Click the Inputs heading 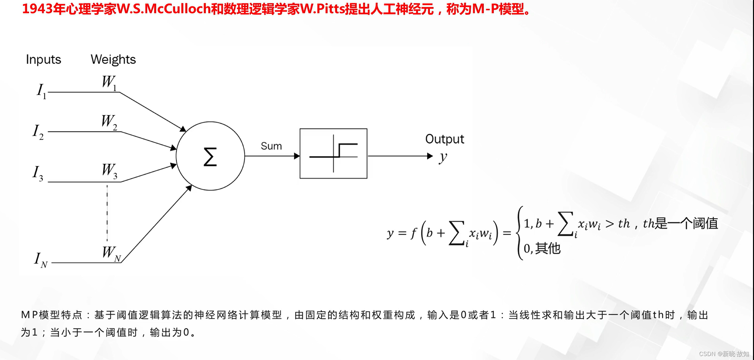click(44, 59)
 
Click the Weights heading click(113, 59)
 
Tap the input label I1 click(41, 90)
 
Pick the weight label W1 click(109, 82)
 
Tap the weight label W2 click(109, 122)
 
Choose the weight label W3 click(109, 171)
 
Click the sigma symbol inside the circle click(210, 157)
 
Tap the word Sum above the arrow click(271, 146)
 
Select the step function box click(333, 154)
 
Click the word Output click(445, 139)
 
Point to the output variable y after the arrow click(443, 157)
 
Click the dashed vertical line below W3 click(107, 213)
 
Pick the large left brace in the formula click(520, 233)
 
